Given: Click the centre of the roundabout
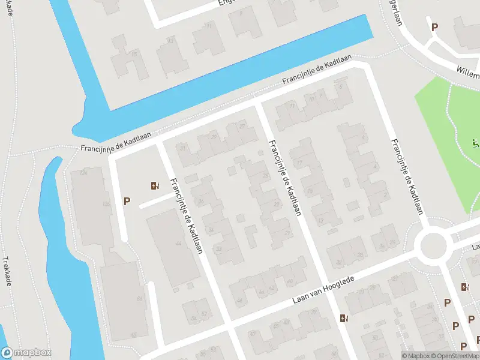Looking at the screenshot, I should tap(434, 246).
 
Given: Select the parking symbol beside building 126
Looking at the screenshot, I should tap(127, 202).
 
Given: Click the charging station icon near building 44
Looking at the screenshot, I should tap(155, 186).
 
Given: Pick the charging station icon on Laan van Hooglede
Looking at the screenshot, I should tap(343, 318).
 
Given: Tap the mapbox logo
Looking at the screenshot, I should tap(26, 353).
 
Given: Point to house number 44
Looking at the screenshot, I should tap(178, 244).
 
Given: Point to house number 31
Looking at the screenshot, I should tap(183, 148).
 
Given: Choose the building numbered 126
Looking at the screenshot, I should tap(106, 205).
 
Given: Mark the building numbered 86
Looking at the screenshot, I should tap(139, 299).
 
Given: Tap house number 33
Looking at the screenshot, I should tap(218, 248).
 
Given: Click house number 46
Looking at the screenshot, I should tap(240, 300).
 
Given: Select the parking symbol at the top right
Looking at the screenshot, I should tap(434, 26).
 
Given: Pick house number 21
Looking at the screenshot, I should tap(289, 233).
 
